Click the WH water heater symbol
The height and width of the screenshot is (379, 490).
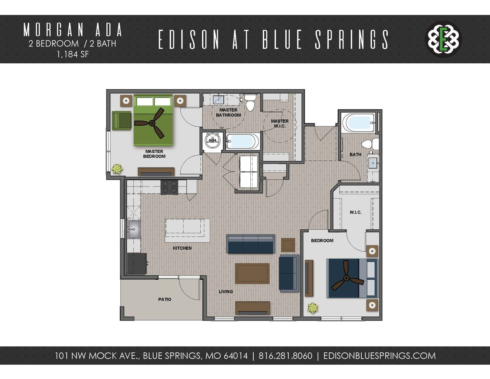[x=212, y=140]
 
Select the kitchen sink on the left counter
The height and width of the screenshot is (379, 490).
[x=134, y=229]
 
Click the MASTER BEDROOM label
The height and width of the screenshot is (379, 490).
[x=154, y=154]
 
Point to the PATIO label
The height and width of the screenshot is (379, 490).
[x=165, y=299]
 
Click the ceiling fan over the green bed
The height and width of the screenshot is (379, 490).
[x=152, y=123]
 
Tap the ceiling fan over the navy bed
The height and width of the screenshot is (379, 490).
[x=346, y=278]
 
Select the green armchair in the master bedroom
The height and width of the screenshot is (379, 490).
[x=122, y=121]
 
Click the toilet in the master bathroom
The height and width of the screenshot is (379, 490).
[x=250, y=102]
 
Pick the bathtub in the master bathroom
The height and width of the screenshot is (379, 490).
[x=242, y=141]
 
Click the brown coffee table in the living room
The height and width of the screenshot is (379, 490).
[x=252, y=274]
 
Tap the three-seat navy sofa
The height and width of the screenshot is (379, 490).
[x=250, y=244]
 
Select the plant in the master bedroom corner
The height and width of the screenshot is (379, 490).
[x=117, y=169]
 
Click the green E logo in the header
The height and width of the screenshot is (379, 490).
[x=444, y=39]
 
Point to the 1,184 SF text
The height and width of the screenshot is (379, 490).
[x=73, y=54]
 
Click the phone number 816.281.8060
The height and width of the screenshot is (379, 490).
[x=285, y=356]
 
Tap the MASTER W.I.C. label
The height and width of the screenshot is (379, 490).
[x=280, y=123]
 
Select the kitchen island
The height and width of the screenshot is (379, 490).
[x=187, y=230]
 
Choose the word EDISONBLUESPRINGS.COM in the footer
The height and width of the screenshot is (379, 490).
[x=379, y=356]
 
